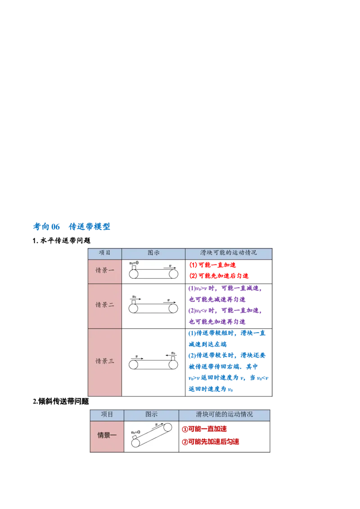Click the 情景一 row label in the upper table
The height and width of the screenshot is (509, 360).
pyautogui.click(x=104, y=271)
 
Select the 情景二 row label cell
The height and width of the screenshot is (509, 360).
pyautogui.click(x=104, y=305)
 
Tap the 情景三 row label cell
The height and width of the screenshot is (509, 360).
pyautogui.click(x=104, y=361)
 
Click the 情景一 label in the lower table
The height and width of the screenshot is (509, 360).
pyautogui.click(x=107, y=435)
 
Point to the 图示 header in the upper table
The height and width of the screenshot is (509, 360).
pyautogui.click(x=153, y=253)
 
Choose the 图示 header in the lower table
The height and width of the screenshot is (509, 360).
pyautogui.click(x=151, y=414)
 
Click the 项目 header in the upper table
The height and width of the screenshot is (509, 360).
pyautogui.click(x=104, y=253)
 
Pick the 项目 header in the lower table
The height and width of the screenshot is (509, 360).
pyautogui.click(x=107, y=414)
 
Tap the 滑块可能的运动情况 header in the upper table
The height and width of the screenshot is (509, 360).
pyautogui.click(x=229, y=253)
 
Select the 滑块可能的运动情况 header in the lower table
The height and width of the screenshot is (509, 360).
pyautogui.click(x=224, y=414)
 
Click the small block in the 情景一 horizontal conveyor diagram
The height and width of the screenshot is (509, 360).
pyautogui.click(x=134, y=267)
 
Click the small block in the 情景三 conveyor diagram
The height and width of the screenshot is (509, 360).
pyautogui.click(x=173, y=358)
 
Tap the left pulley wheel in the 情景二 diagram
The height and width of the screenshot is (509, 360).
pyautogui.click(x=133, y=308)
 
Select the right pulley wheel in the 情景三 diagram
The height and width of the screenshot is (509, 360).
pyautogui.click(x=173, y=364)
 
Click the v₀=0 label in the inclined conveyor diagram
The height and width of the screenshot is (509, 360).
pyautogui.click(x=135, y=432)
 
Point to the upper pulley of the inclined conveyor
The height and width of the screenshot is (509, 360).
pyautogui.click(x=168, y=427)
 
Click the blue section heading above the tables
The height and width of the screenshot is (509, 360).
pyautogui.click(x=72, y=227)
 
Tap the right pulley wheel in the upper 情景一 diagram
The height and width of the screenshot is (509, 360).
pyautogui.click(x=173, y=273)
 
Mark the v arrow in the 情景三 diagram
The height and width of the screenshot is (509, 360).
pyautogui.click(x=138, y=358)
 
